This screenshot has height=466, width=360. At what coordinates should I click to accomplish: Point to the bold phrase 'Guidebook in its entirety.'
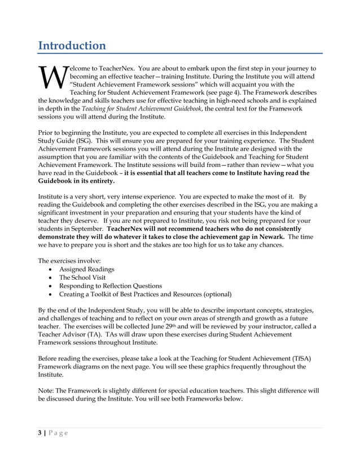tap(76, 182)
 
